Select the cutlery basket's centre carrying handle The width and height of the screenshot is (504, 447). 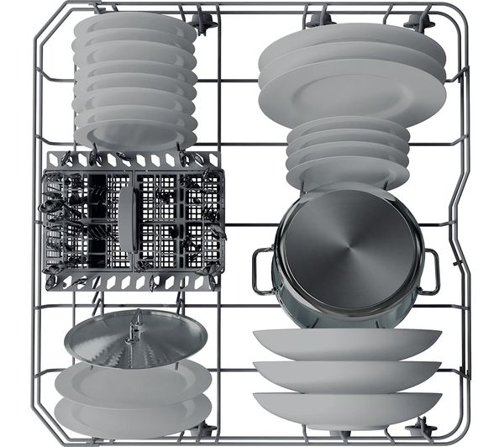[127, 217]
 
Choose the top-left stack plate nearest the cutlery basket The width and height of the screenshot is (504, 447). [134, 134]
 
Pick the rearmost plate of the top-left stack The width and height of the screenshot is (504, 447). [134, 23]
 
